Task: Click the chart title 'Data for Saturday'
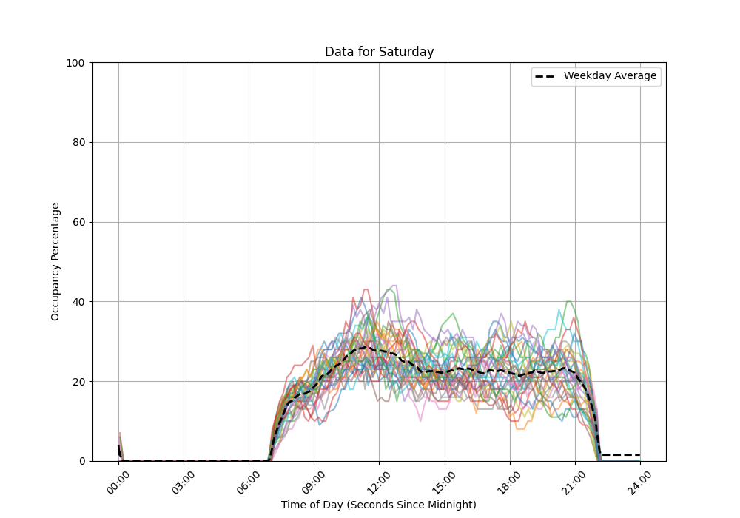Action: (x=379, y=52)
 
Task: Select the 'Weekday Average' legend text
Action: (x=610, y=75)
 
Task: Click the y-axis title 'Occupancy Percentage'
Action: (x=55, y=261)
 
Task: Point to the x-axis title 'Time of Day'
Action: (x=379, y=505)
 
